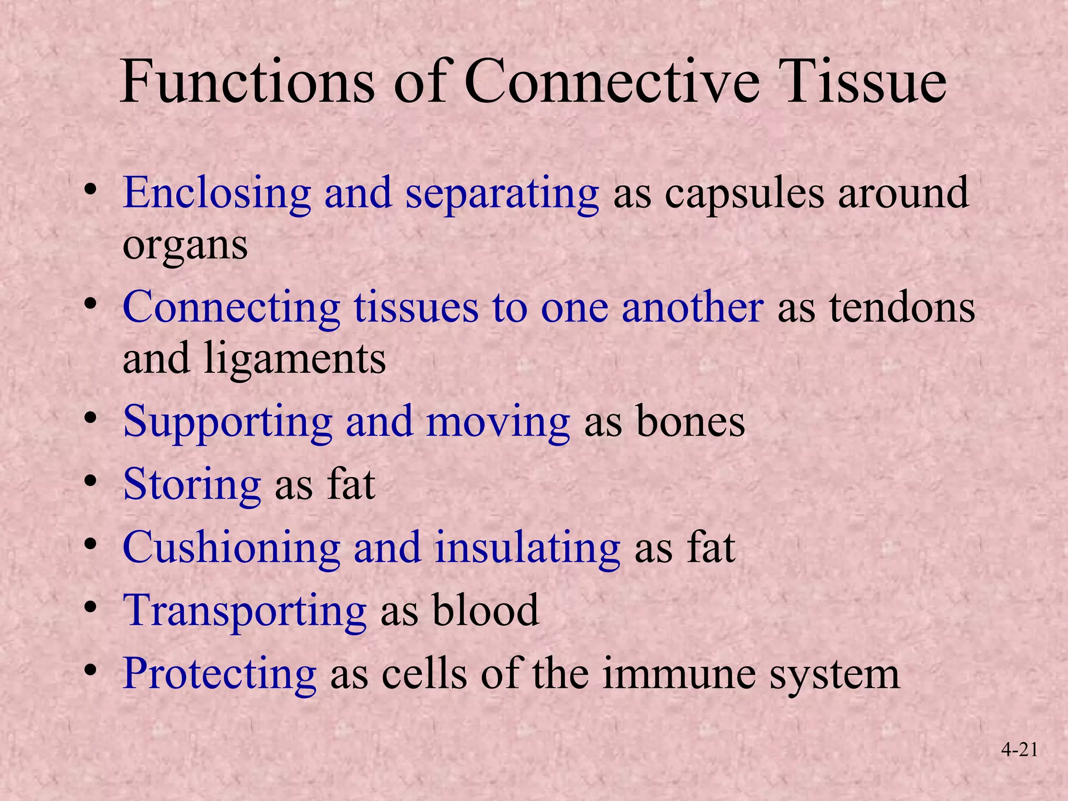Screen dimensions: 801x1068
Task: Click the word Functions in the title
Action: click(247, 82)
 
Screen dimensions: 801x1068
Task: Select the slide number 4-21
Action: click(1019, 750)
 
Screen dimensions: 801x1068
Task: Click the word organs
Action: click(185, 245)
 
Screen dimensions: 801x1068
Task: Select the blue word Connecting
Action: click(231, 308)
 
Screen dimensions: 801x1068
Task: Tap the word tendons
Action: click(902, 308)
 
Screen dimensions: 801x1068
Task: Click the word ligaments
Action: click(295, 360)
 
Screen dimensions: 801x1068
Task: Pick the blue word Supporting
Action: click(227, 422)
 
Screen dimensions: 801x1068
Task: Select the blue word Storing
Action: click(191, 485)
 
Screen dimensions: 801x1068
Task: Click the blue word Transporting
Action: click(244, 611)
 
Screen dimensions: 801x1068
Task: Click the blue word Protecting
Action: click(219, 674)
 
